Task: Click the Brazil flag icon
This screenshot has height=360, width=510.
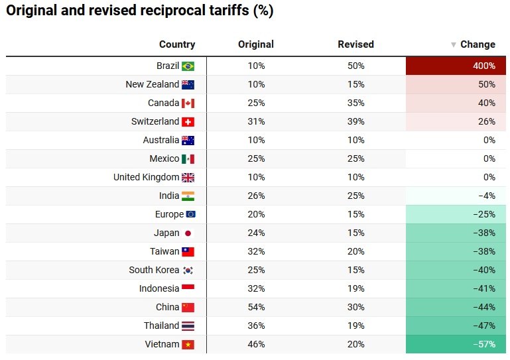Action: pos(188,66)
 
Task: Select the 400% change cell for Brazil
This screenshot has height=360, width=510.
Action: pos(457,66)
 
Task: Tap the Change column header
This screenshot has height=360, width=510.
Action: pos(478,44)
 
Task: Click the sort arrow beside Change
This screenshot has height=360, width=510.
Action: pos(454,45)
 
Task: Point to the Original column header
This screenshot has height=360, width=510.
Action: pos(256,44)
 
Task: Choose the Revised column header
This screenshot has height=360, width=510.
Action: pos(355,44)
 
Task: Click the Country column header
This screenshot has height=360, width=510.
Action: pos(177,44)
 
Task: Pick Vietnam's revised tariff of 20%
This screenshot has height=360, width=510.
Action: pos(355,344)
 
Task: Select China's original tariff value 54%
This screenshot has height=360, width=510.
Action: pos(256,307)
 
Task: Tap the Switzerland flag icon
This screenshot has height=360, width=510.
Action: pos(188,122)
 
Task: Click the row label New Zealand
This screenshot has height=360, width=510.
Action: pos(152,84)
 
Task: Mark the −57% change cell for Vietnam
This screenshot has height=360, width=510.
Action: pos(457,344)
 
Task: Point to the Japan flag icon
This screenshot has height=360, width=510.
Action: pos(188,233)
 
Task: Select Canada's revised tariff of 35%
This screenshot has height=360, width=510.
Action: pos(355,103)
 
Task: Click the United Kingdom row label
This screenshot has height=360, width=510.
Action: pos(146,177)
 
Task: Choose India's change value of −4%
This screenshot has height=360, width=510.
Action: pos(457,196)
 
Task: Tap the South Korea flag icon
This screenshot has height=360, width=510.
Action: pos(188,270)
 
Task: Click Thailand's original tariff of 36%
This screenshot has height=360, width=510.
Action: pos(256,326)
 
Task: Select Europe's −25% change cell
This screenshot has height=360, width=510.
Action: pos(457,214)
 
